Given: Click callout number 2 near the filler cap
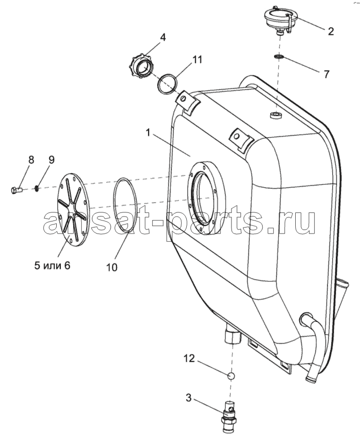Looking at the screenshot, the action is coord(330,31).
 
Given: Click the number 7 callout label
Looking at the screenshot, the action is coord(326,74).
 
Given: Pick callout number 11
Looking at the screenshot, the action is coord(197,60).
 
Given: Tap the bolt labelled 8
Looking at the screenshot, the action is coord(17,190).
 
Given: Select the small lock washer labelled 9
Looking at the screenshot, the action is coord(37,188).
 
